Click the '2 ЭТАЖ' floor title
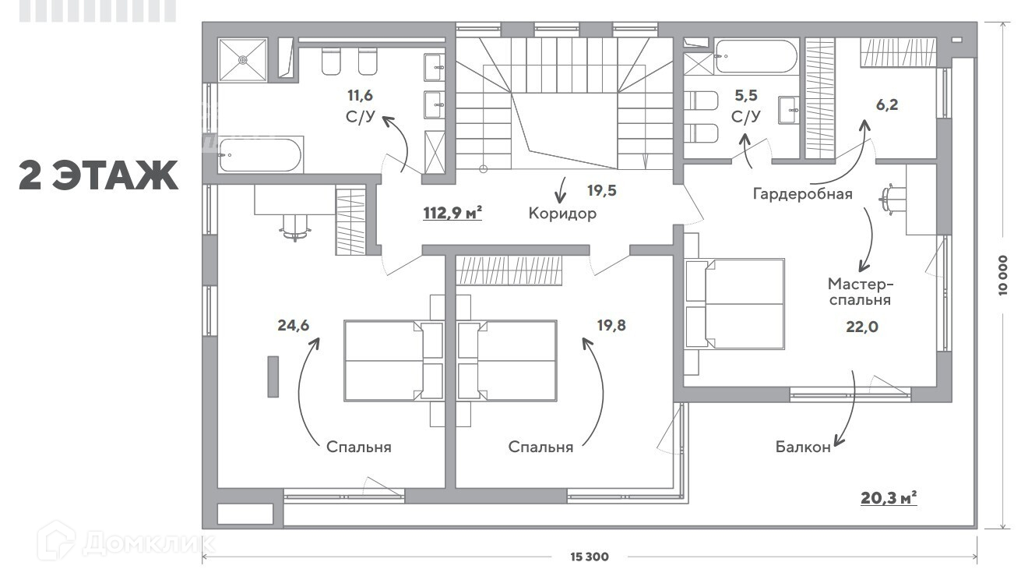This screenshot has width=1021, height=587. [x=98, y=175]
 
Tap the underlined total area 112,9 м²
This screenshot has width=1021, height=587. [x=452, y=213]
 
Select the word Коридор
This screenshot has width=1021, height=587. [x=562, y=214]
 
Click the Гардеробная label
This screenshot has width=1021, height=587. [x=802, y=194]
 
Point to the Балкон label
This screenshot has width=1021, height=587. [x=803, y=447]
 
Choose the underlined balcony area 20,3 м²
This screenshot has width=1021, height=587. [x=889, y=498]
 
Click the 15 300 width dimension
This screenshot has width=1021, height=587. [x=590, y=557]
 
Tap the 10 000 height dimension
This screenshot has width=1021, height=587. [x=1003, y=275]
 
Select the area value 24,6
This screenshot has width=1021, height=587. [x=293, y=325]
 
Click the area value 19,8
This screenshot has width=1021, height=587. [x=611, y=325]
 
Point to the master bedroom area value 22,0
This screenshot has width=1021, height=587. [x=862, y=327]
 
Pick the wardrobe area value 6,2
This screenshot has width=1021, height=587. [x=887, y=105]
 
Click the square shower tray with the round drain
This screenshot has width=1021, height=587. [x=242, y=60]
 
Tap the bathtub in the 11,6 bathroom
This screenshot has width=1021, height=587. [x=260, y=155]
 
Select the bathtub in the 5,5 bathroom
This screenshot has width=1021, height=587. [x=756, y=56]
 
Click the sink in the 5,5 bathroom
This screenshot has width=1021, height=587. [x=789, y=110]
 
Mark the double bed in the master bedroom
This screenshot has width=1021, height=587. [x=734, y=304]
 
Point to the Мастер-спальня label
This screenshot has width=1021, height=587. [x=860, y=292]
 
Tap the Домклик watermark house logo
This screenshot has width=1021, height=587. [x=56, y=541]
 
